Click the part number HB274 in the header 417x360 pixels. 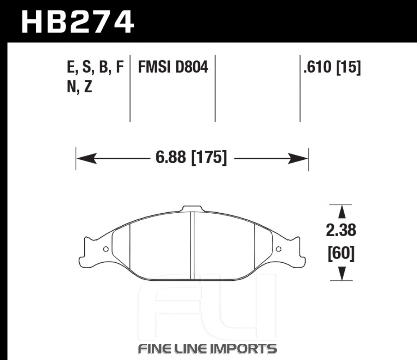tap(78, 22)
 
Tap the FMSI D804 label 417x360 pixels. tap(173, 67)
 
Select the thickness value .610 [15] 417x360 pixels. tap(332, 67)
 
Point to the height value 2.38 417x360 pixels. tap(341, 230)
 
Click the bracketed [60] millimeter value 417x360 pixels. tap(341, 253)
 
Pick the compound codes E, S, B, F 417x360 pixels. tap(95, 68)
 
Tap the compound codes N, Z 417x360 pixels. tap(79, 87)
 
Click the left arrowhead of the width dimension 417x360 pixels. tap(87, 159)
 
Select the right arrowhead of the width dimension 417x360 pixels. tap(298, 159)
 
